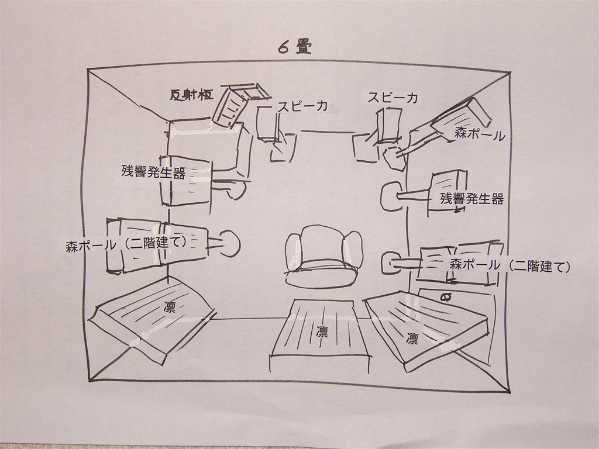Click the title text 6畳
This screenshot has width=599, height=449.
pyautogui.click(x=295, y=47)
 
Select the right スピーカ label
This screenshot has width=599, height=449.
pyautogui.click(x=393, y=98)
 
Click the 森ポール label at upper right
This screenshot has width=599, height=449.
pyautogui.click(x=480, y=135)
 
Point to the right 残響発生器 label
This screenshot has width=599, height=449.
pyautogui.click(x=472, y=199)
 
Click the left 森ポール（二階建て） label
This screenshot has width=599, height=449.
pyautogui.click(x=126, y=244)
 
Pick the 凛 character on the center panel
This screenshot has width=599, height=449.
pyautogui.click(x=322, y=331)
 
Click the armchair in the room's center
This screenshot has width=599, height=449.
pyautogui.click(x=323, y=257)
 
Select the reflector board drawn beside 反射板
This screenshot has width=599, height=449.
pyautogui.click(x=232, y=106)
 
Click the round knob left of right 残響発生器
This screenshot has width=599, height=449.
pyautogui.click(x=389, y=196)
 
